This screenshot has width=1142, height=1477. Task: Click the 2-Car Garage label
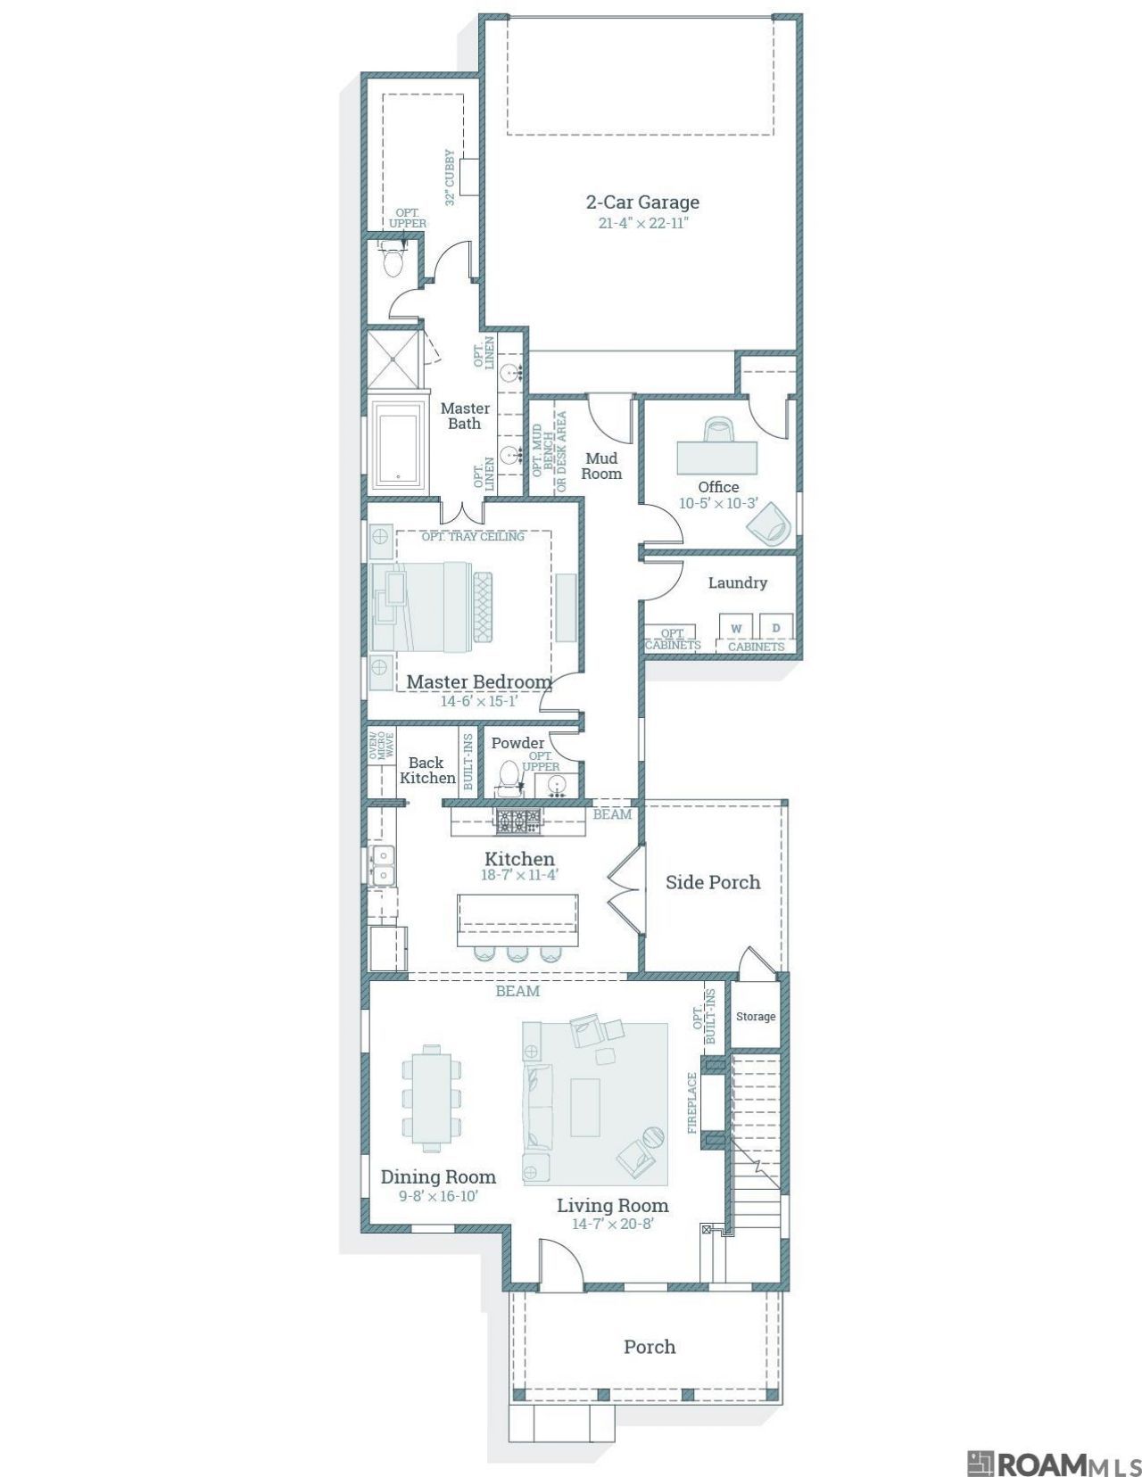[x=642, y=202]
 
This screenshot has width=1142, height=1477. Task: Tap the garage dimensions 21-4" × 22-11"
[x=643, y=223]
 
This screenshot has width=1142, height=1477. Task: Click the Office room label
[x=718, y=487]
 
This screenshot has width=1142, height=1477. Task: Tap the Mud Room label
[x=601, y=466]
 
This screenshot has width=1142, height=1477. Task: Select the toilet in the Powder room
[x=507, y=778]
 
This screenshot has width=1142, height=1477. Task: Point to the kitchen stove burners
[x=518, y=821]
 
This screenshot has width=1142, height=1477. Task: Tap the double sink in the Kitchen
[x=382, y=864]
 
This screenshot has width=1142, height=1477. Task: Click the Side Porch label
[x=712, y=882]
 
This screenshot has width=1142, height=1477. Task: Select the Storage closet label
[x=755, y=1016]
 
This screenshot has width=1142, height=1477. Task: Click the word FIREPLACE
[x=692, y=1102]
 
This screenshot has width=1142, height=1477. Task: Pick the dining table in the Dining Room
[x=431, y=1098]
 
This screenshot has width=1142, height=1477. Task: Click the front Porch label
[x=650, y=1347]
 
